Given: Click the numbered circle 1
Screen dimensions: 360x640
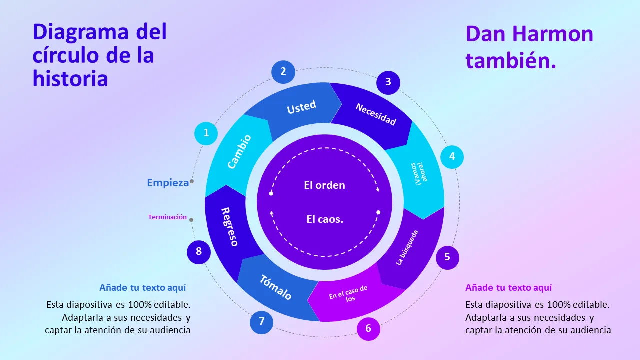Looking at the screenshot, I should click(x=206, y=133).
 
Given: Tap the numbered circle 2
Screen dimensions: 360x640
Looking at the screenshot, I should click(x=283, y=71).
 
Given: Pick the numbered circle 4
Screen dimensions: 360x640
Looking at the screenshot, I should click(x=452, y=156).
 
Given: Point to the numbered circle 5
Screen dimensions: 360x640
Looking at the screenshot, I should click(x=447, y=257).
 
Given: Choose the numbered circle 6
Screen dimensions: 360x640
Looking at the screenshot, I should click(x=368, y=328).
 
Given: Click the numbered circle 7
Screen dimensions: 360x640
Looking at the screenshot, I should click(x=261, y=322).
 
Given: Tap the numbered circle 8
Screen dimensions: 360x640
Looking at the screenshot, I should click(x=199, y=251).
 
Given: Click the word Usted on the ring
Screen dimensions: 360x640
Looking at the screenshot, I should click(x=301, y=107).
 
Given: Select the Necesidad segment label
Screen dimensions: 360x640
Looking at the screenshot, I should click(x=376, y=114).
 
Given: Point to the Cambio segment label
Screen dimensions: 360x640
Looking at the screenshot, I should click(x=239, y=152).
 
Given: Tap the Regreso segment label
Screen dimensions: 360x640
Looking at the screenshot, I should click(x=230, y=226).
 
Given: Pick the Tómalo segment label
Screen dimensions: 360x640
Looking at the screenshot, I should click(x=275, y=287).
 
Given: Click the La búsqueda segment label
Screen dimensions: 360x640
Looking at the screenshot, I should click(x=407, y=247).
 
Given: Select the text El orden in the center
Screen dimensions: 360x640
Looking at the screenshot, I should click(x=324, y=185).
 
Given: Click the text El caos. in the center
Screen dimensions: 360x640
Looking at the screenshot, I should click(x=325, y=219).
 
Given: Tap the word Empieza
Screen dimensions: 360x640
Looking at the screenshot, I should click(x=168, y=183).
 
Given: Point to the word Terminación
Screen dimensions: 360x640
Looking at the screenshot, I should click(x=167, y=217).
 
